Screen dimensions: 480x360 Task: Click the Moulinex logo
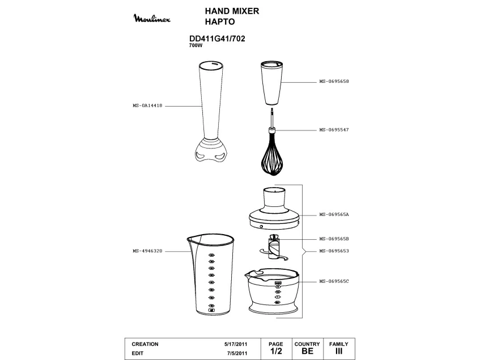152,18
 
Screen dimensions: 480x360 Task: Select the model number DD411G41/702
217,39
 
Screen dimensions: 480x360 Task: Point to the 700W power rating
196,45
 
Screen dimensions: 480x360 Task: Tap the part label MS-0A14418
147,105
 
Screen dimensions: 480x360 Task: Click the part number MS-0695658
334,81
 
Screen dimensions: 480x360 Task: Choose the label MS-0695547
334,130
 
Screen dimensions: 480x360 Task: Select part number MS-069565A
334,215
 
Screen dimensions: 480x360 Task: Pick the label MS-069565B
334,239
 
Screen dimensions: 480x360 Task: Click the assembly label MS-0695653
334,251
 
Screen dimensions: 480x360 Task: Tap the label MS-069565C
334,281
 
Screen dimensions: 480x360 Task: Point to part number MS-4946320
147,251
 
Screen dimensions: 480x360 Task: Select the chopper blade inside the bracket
274,248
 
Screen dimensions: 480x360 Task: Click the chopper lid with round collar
274,209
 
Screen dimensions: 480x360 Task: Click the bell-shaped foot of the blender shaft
211,151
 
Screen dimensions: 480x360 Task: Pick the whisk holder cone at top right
272,83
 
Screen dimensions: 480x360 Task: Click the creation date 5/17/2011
236,344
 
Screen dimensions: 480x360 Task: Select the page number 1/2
276,351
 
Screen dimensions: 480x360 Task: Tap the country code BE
307,351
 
